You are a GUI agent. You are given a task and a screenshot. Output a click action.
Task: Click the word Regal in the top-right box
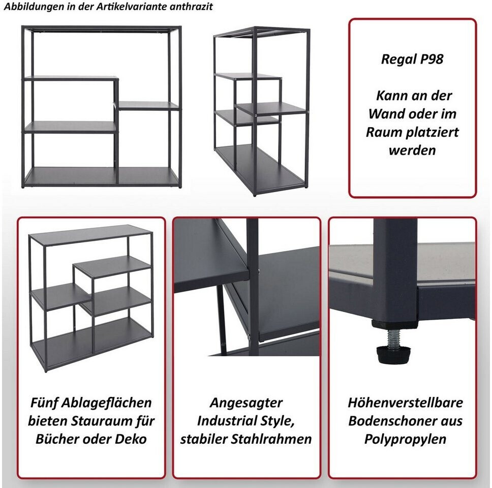tap(398, 59)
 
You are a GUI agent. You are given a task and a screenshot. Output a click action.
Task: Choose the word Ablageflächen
tap(105, 403)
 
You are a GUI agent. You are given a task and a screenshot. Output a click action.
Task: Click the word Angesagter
tap(247, 403)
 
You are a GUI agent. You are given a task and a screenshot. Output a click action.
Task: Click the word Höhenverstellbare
tap(406, 402)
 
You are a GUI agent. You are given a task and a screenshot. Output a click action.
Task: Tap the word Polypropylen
tap(406, 439)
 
